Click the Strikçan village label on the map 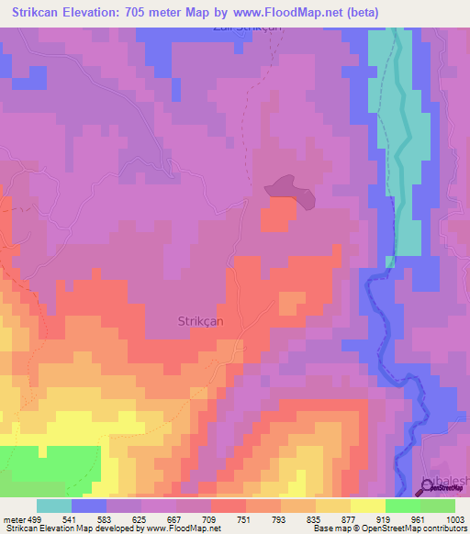click(x=199, y=320)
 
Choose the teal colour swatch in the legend click(x=54, y=506)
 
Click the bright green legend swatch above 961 click(x=402, y=506)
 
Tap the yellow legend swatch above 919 click(x=367, y=506)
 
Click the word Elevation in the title click(x=101, y=13)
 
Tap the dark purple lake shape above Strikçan click(x=290, y=188)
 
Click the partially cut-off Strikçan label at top click(x=245, y=28)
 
